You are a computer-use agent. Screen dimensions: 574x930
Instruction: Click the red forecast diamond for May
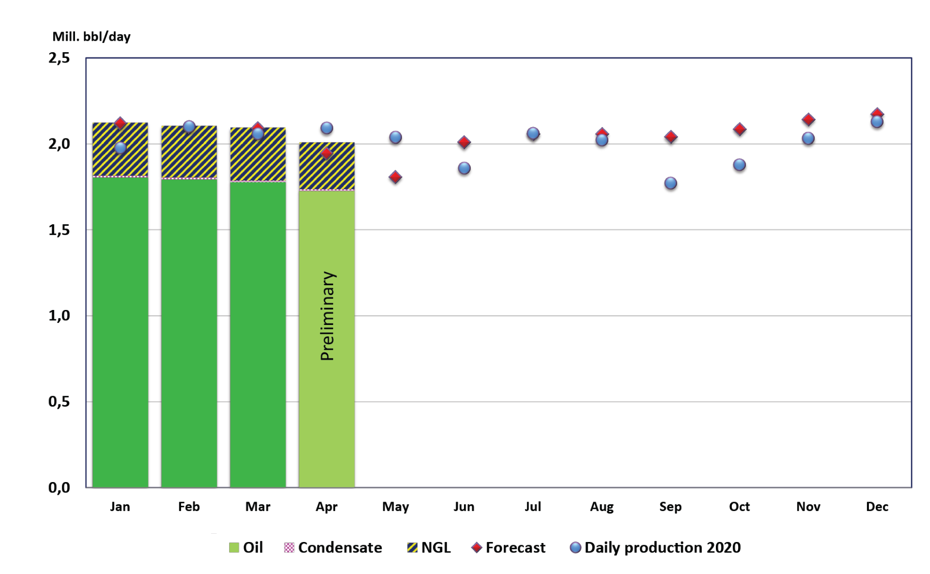point(395,177)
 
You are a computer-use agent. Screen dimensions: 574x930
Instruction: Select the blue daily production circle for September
point(670,183)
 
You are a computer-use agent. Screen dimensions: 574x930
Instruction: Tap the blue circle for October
point(739,165)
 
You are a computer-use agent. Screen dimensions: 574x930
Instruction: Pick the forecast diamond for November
point(808,119)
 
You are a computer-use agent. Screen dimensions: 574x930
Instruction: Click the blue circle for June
point(464,168)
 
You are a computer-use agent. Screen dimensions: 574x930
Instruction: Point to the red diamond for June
point(464,142)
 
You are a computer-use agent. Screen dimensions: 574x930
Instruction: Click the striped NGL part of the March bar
point(258,160)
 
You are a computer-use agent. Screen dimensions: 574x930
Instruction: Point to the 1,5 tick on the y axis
point(59,230)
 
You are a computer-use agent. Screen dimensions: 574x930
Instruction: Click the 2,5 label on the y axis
point(59,58)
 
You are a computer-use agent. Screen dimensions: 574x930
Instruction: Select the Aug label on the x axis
point(602,506)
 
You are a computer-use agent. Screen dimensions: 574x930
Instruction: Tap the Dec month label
point(877,506)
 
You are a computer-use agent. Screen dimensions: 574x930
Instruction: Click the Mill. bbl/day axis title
point(92,37)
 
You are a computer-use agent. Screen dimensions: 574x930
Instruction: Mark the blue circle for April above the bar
point(326,128)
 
